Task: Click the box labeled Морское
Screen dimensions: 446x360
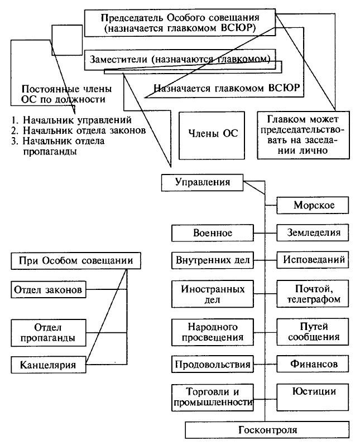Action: coord(314,206)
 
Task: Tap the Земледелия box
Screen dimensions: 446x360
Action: coord(314,232)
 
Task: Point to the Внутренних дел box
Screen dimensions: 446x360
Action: coord(212,259)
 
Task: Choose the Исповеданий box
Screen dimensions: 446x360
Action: coord(314,259)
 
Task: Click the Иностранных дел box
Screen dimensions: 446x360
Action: coord(212,294)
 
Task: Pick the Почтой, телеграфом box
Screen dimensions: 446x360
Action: coord(314,294)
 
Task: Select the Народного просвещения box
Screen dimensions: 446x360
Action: coord(212,331)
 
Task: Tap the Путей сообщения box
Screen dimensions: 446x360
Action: coord(314,331)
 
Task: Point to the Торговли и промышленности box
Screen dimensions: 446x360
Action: coord(212,396)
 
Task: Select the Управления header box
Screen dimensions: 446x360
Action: coord(202,182)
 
